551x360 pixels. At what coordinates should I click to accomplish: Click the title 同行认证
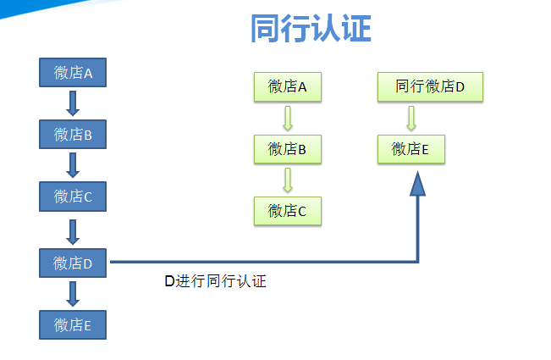pyautogui.click(x=311, y=29)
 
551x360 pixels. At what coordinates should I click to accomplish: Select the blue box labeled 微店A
pyautogui.click(x=73, y=72)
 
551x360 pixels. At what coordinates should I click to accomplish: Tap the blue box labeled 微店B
pyautogui.click(x=73, y=134)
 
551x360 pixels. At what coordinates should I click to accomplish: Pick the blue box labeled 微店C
pyautogui.click(x=73, y=197)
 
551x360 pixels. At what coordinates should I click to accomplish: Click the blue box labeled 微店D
pyautogui.click(x=73, y=263)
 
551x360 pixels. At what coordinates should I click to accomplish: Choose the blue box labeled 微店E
pyautogui.click(x=73, y=324)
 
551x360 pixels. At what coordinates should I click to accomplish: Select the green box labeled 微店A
pyautogui.click(x=287, y=86)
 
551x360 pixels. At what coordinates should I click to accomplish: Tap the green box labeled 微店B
pyautogui.click(x=287, y=149)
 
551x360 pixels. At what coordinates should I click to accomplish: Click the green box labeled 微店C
pyautogui.click(x=287, y=211)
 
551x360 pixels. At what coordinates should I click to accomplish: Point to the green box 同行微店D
pyautogui.click(x=430, y=86)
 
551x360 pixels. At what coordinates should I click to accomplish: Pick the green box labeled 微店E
pyautogui.click(x=410, y=149)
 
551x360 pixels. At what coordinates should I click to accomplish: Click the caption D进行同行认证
pyautogui.click(x=215, y=281)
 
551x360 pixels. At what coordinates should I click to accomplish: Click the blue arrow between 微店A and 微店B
pyautogui.click(x=73, y=102)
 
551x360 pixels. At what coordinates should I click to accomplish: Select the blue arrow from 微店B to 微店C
pyautogui.click(x=73, y=165)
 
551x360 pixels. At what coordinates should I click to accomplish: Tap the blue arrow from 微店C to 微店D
pyautogui.click(x=73, y=230)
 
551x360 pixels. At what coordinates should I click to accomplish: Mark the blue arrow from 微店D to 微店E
pyautogui.click(x=73, y=293)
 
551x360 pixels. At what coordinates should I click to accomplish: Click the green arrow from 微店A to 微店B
pyautogui.click(x=287, y=118)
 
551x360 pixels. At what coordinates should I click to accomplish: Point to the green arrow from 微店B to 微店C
pyautogui.click(x=287, y=180)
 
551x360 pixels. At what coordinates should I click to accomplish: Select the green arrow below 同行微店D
pyautogui.click(x=410, y=118)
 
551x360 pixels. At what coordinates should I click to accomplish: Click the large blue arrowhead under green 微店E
pyautogui.click(x=417, y=184)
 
